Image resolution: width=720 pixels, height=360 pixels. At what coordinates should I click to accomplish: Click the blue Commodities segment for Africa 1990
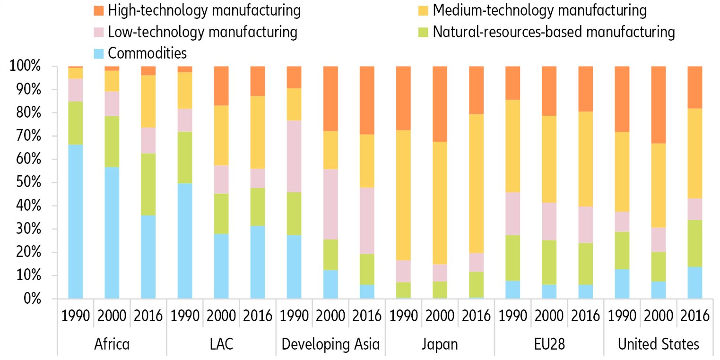click(x=76, y=222)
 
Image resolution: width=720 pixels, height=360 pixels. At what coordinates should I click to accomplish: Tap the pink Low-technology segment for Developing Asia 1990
click(x=294, y=156)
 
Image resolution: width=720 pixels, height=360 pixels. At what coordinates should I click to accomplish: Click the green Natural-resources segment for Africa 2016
click(x=148, y=184)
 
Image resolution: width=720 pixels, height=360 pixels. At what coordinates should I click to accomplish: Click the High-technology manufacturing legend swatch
click(x=98, y=10)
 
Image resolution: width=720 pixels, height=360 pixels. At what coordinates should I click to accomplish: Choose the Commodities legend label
click(x=147, y=53)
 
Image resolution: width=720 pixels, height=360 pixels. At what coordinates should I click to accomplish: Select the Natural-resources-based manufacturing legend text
click(x=554, y=32)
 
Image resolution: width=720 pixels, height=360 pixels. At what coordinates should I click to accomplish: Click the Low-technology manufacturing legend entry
click(x=202, y=32)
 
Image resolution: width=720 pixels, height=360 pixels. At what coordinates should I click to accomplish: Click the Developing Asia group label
click(x=330, y=344)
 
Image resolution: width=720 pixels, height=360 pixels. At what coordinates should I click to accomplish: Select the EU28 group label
click(x=549, y=344)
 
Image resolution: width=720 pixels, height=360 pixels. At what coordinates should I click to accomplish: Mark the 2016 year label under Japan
click(x=476, y=316)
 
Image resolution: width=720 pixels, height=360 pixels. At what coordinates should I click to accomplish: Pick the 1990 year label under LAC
click(x=185, y=316)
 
